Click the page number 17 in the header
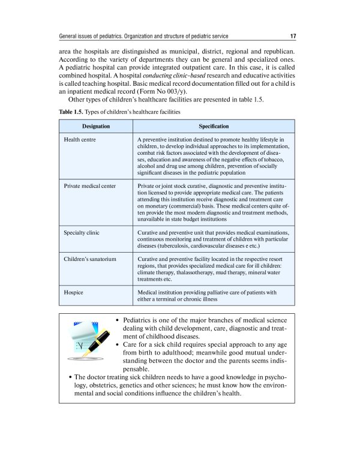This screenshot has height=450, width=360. point(291,35)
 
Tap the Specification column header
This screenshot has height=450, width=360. point(214,127)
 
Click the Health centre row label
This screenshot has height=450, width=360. point(80,140)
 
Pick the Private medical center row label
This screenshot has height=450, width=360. point(90,186)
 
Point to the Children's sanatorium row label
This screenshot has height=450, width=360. point(90,258)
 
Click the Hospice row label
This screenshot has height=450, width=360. point(73,292)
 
